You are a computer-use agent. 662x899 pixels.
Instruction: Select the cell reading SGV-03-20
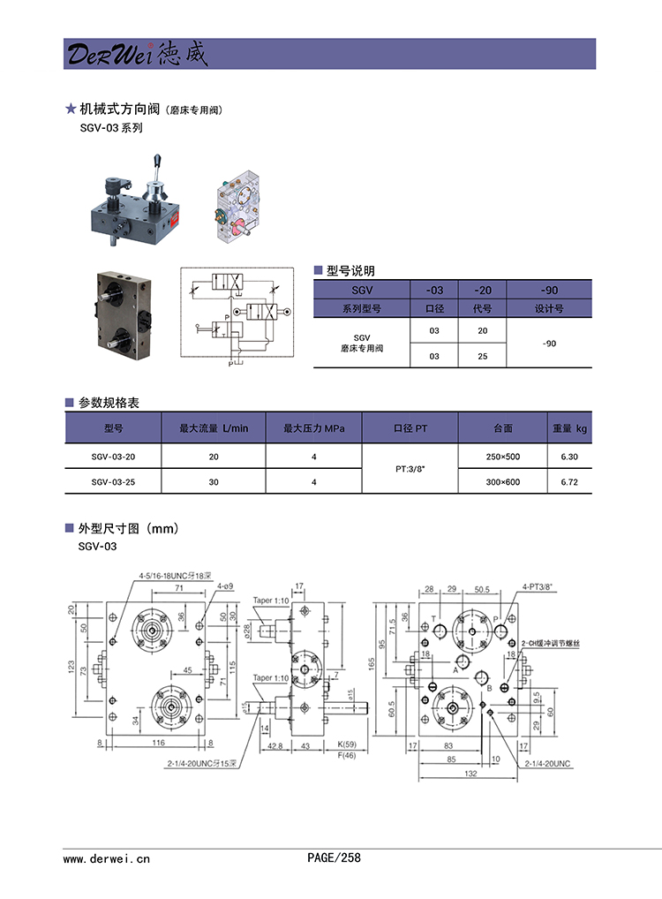113,456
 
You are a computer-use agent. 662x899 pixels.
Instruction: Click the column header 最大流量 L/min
214,428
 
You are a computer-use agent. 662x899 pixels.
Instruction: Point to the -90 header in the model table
548,290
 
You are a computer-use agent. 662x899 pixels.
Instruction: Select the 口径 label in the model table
433,309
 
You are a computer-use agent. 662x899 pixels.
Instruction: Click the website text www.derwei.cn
107,857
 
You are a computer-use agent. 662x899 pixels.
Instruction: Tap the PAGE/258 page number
334,857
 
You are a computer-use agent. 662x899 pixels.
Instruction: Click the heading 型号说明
350,271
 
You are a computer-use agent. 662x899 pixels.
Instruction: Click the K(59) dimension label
346,745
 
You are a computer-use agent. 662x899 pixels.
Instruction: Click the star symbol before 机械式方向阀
71,110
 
